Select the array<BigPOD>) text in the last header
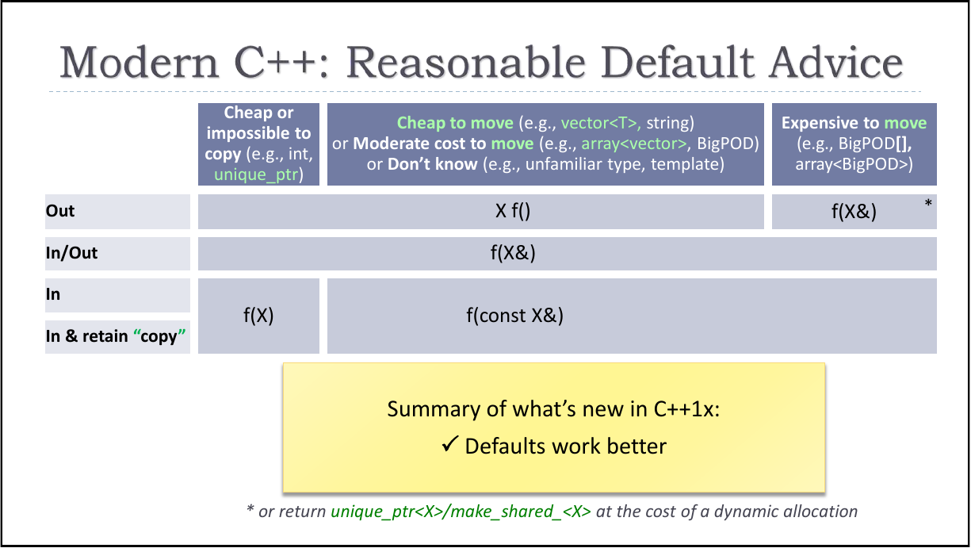tap(854, 164)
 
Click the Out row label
tap(60, 211)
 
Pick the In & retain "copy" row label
tap(116, 336)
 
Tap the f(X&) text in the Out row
tap(853, 212)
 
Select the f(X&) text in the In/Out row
tap(514, 253)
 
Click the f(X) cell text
tap(258, 315)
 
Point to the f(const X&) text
tap(514, 315)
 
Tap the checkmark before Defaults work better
tap(449, 445)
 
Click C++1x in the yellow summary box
tap(682, 409)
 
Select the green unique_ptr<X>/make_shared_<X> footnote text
tap(461, 512)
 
